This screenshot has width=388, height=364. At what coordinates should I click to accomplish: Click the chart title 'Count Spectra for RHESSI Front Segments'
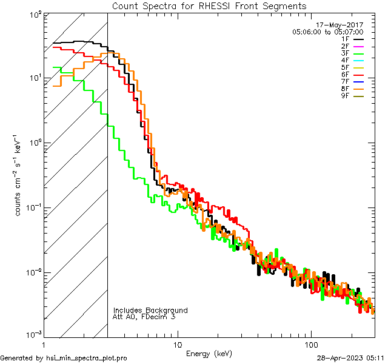click(x=209, y=5)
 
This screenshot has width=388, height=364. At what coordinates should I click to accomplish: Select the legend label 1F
click(x=345, y=39)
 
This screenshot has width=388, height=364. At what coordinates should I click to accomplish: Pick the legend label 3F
click(x=345, y=53)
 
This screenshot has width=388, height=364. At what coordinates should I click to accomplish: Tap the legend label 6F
click(x=345, y=74)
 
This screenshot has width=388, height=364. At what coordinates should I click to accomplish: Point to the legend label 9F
click(x=345, y=95)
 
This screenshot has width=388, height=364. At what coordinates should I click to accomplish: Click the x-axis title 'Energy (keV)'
click(x=209, y=353)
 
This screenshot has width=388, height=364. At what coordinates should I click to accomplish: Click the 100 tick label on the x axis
click(x=310, y=344)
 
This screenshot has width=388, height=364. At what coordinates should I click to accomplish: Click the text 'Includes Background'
click(x=150, y=311)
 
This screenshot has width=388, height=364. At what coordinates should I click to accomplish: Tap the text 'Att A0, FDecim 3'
click(x=144, y=317)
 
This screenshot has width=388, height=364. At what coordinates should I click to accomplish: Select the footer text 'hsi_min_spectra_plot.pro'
click(x=86, y=359)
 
